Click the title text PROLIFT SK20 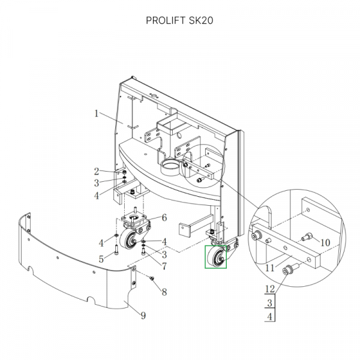pyautogui.click(x=179, y=20)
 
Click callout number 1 pyautogui.click(x=97, y=113)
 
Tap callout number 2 pyautogui.click(x=97, y=172)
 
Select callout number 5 pyautogui.click(x=101, y=259)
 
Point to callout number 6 pyautogui.click(x=164, y=218)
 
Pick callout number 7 pyautogui.click(x=164, y=266)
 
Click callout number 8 pyautogui.click(x=164, y=292)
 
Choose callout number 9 pyautogui.click(x=143, y=316)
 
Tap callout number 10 pyautogui.click(x=325, y=242)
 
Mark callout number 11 pyautogui.click(x=270, y=268)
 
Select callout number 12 pyautogui.click(x=270, y=289)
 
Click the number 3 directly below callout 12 pyautogui.click(x=270, y=303)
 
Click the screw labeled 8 pyautogui.click(x=152, y=278)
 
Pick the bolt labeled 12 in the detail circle pyautogui.click(x=290, y=269)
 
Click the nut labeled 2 pyautogui.click(x=124, y=172)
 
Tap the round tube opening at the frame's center pyautogui.click(x=170, y=165)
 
